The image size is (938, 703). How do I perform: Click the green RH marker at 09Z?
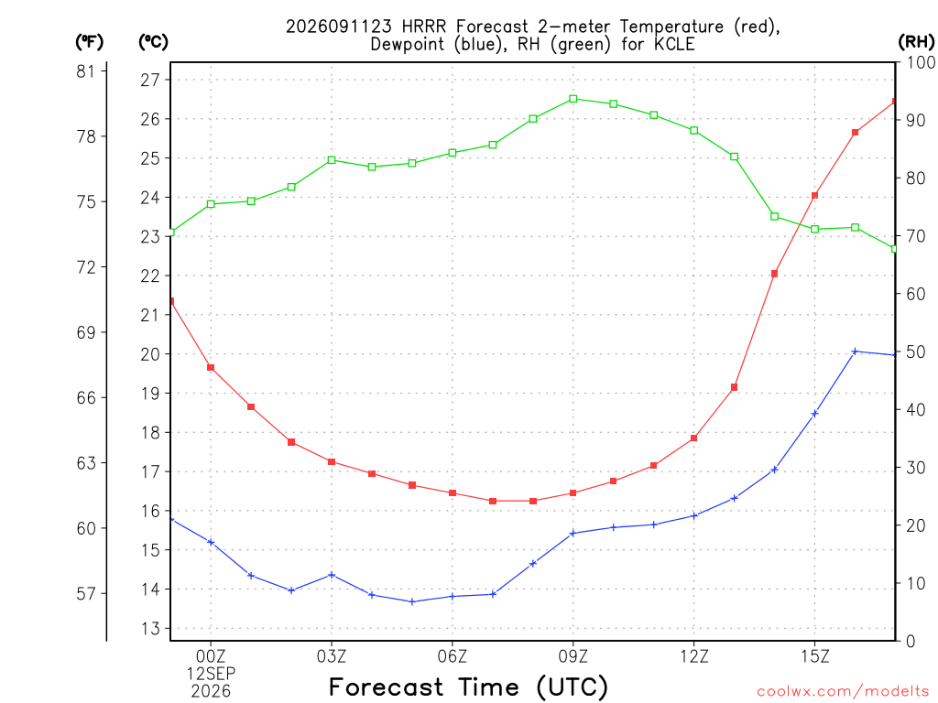click(x=573, y=99)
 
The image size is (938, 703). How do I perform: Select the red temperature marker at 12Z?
click(x=694, y=438)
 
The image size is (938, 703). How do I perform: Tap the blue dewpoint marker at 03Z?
click(x=332, y=575)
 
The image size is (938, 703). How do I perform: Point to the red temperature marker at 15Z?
click(x=814, y=196)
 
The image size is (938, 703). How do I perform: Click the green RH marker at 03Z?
click(x=332, y=160)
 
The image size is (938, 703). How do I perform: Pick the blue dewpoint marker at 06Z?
click(x=453, y=596)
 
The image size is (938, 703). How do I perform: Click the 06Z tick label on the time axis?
click(x=453, y=656)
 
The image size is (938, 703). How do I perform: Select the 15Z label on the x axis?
click(x=814, y=656)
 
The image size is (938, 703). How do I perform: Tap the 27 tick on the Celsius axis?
click(x=151, y=81)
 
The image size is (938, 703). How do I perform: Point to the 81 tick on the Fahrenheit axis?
click(x=86, y=71)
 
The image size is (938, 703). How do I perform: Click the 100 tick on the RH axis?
click(x=922, y=62)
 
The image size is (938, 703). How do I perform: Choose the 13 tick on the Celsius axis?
click(x=151, y=628)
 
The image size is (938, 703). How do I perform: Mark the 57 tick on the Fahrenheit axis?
click(x=86, y=593)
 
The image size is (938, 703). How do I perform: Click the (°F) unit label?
click(x=89, y=42)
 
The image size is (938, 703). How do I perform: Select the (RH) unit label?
click(x=916, y=42)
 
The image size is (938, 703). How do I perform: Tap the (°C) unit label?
click(x=153, y=42)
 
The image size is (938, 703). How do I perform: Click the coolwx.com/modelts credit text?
click(x=843, y=692)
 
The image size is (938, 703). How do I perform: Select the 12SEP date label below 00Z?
click(x=211, y=674)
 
